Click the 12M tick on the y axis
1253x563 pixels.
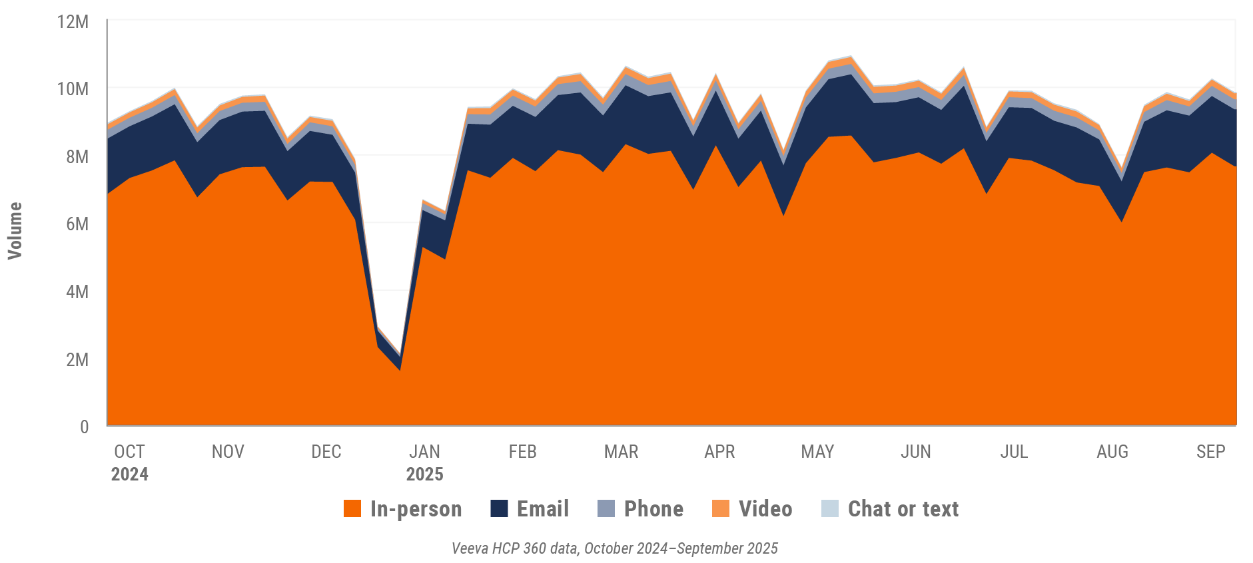point(73,22)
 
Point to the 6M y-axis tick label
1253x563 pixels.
point(77,224)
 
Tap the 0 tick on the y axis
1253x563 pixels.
point(84,427)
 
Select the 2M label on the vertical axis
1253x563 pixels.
point(77,359)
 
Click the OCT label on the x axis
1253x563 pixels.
point(129,452)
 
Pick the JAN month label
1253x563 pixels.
point(424,452)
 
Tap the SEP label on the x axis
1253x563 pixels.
point(1210,452)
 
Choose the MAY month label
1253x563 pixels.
point(817,452)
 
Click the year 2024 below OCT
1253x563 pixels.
point(129,474)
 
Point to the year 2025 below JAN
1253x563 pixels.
point(424,474)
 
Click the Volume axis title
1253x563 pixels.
point(15,230)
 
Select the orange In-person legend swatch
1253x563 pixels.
point(352,509)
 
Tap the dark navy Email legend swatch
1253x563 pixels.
point(499,509)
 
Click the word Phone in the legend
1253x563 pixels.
point(653,509)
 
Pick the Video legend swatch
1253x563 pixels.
point(721,509)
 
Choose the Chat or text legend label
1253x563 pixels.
point(903,509)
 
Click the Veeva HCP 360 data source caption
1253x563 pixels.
point(614,548)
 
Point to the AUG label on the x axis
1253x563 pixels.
point(1112,452)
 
